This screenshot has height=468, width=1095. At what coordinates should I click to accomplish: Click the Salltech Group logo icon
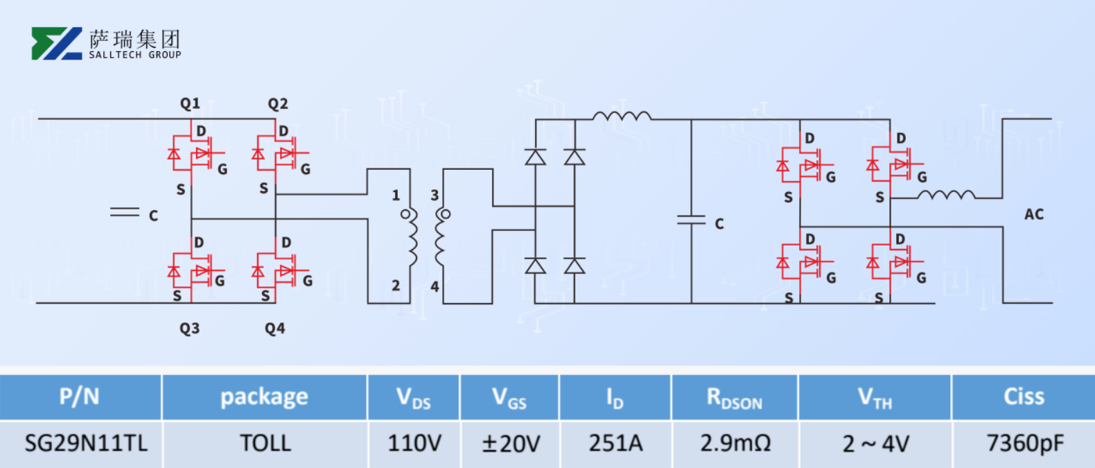point(57,44)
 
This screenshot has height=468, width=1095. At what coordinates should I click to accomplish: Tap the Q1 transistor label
point(190,103)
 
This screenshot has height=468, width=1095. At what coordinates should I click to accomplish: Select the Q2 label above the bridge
point(278,104)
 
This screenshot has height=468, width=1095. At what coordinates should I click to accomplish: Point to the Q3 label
point(189,328)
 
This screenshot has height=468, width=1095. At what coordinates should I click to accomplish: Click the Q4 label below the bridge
point(274,328)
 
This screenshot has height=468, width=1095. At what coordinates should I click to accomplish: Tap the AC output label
point(1033,214)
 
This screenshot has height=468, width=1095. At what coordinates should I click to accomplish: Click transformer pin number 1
point(396,196)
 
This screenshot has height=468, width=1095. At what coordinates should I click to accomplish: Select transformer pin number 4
point(435,286)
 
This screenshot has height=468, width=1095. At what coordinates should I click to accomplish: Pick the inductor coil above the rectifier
point(622,116)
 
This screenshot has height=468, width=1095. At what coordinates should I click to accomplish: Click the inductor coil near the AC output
point(946,196)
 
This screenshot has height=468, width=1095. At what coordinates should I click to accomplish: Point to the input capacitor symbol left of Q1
point(125,212)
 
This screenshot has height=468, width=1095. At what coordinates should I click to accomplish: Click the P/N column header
point(80,397)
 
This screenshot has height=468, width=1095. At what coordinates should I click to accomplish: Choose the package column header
point(264,397)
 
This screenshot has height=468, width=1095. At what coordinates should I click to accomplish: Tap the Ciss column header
point(1024,397)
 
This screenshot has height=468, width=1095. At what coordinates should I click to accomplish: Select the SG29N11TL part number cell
point(86,443)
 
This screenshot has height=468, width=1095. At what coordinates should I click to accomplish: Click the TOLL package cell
point(265,443)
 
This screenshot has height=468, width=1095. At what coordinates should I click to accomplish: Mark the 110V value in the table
point(414,443)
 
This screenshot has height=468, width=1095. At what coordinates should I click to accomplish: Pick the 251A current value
point(615,443)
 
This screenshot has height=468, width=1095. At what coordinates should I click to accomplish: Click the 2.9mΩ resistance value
point(735,443)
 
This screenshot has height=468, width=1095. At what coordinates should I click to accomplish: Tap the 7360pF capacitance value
point(1024,443)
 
